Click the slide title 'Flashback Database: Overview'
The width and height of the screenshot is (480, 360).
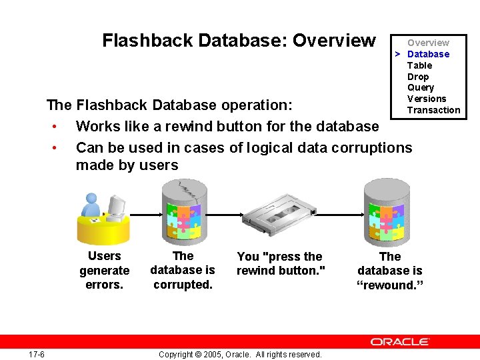point(239,41)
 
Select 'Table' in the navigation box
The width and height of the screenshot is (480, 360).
point(419,65)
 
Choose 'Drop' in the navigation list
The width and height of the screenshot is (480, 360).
point(418,77)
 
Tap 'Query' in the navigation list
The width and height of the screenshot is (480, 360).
point(420,87)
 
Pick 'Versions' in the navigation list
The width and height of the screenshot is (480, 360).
point(427,99)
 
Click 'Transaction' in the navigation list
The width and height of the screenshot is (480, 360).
point(433,110)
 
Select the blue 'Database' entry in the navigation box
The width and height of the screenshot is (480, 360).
point(428,54)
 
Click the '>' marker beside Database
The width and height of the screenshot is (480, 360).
point(397,54)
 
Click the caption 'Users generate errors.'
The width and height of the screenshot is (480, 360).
point(105,271)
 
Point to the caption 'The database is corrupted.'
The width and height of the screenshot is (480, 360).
point(182,271)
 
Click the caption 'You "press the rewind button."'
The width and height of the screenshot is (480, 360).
point(279,263)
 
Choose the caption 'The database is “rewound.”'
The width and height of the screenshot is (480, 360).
point(390,271)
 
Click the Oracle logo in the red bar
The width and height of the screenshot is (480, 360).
point(399,342)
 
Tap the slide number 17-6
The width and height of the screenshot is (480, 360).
point(37,354)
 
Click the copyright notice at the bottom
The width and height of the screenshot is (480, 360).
point(240,354)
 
